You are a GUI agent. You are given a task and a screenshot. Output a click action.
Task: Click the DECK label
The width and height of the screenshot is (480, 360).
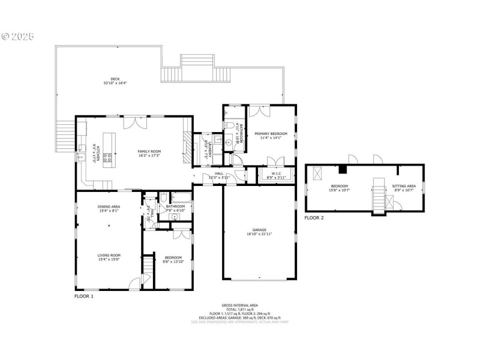point(115,78)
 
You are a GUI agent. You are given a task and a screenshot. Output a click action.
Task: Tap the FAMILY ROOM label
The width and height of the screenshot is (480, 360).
point(149,151)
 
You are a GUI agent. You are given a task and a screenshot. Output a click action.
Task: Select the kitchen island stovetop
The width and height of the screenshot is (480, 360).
point(107,158)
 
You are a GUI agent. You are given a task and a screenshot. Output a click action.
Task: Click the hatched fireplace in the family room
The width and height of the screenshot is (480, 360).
point(187,148)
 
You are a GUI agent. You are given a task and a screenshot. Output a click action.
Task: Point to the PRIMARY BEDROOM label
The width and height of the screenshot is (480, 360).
point(271,133)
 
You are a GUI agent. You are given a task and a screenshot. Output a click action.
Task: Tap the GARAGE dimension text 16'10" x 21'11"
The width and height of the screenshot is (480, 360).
point(259,233)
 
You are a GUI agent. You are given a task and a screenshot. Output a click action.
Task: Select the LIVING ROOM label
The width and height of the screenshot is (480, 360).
point(109,256)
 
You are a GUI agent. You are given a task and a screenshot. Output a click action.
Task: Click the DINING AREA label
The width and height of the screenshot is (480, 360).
point(109,206)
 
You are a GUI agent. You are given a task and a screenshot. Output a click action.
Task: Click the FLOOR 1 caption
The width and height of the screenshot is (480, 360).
point(83,296)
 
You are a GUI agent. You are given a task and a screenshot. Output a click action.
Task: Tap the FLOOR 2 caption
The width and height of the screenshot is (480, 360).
point(314,218)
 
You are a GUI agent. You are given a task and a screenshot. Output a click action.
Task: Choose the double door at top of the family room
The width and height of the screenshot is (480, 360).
point(132,121)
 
